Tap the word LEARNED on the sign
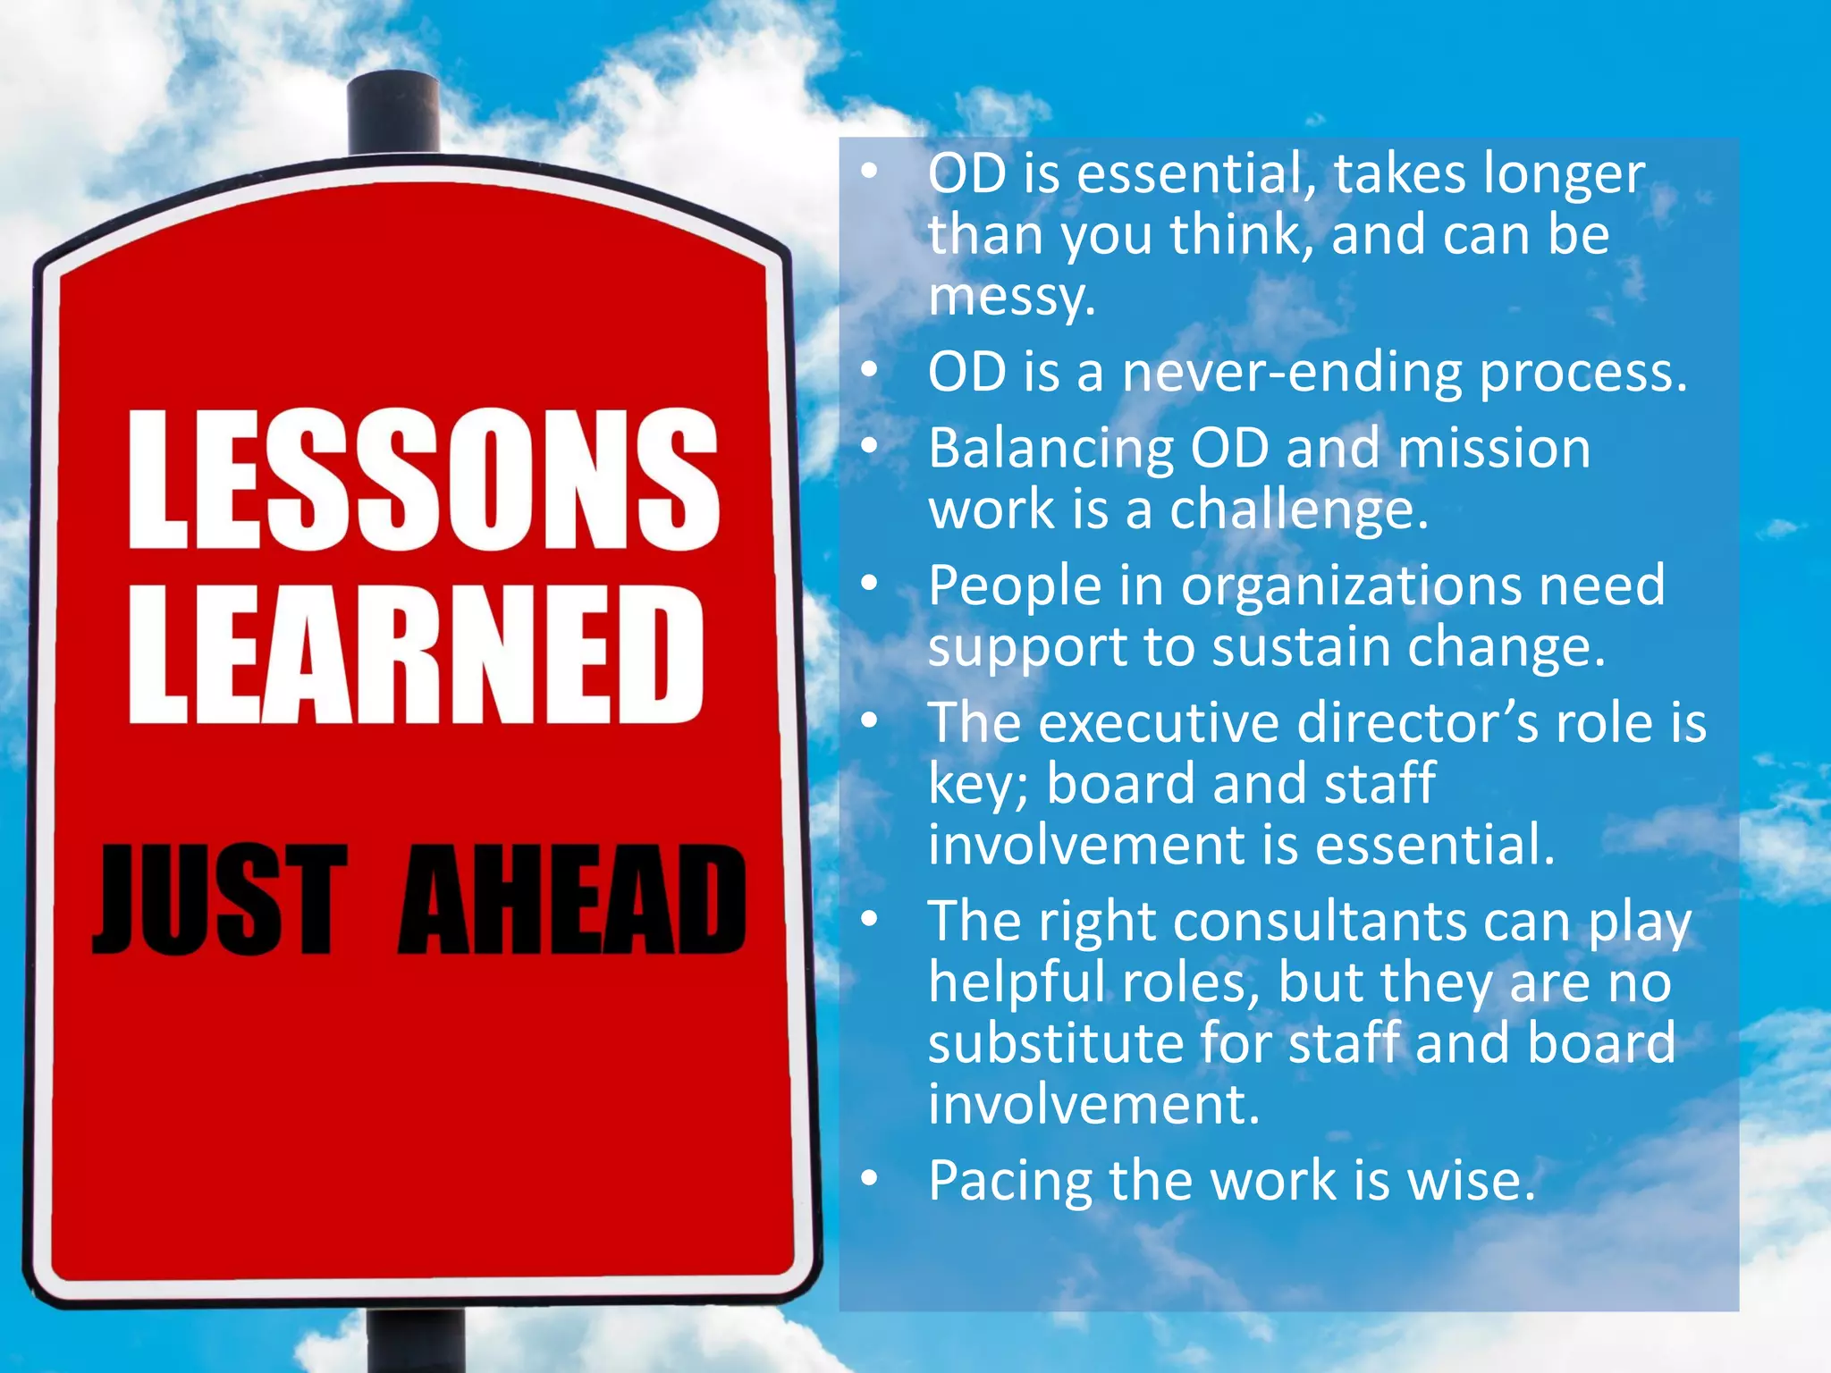[x=417, y=654]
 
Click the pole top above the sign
[x=393, y=112]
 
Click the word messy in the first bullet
[x=1010, y=297]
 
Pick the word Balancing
[x=1051, y=450]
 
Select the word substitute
[x=1055, y=1043]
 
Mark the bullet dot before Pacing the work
[x=870, y=1180]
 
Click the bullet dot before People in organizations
[x=870, y=584]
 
